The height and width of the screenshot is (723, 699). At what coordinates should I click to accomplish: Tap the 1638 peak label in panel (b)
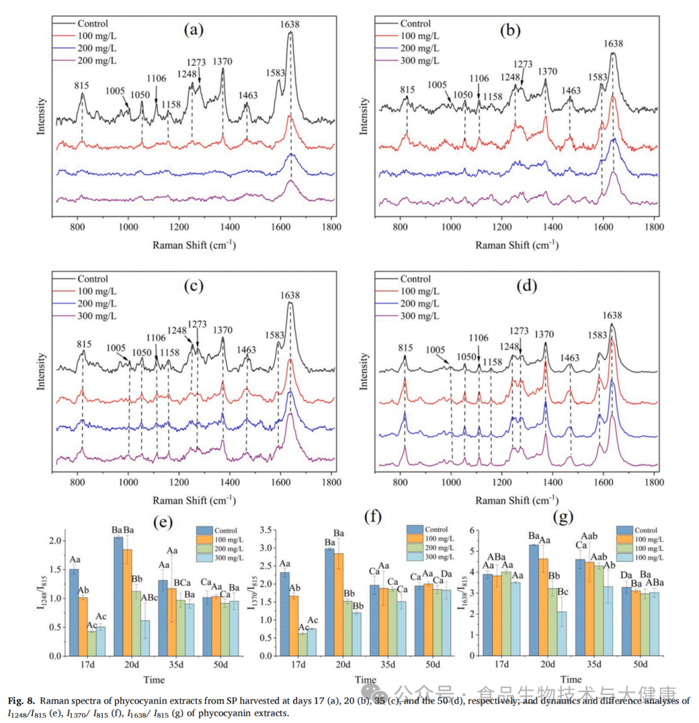[613, 44]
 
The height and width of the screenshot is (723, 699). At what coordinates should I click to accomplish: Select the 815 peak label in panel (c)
[82, 344]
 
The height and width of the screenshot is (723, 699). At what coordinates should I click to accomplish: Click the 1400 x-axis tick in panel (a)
[230, 228]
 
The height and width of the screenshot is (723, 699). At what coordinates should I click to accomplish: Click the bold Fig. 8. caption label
[22, 700]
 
